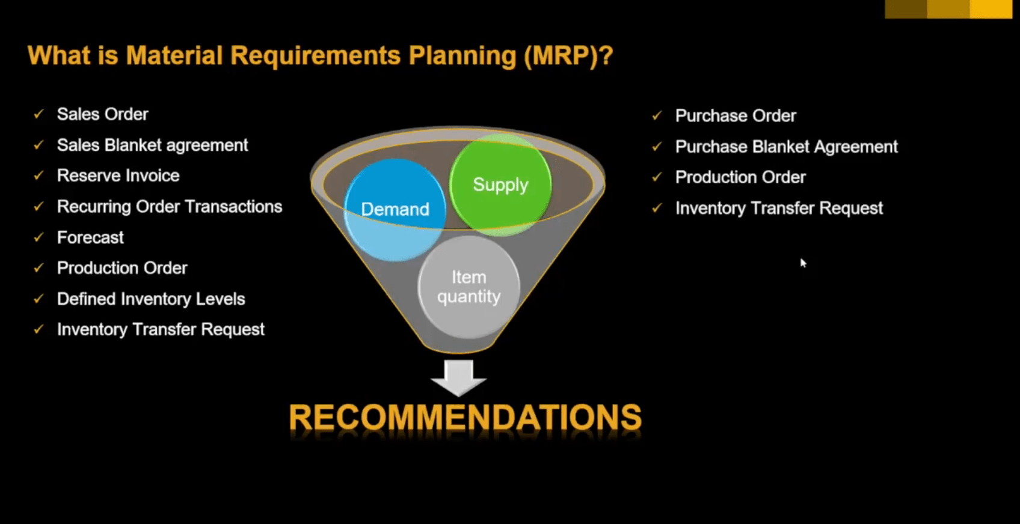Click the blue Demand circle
tap(395, 209)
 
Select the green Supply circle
tap(500, 184)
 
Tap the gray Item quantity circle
tap(469, 287)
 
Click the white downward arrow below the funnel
tap(459, 377)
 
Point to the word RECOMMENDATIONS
tap(465, 418)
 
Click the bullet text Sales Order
tap(102, 114)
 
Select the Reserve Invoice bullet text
tap(118, 175)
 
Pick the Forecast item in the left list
tap(90, 237)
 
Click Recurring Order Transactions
tap(169, 207)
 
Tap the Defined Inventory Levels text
tap(151, 299)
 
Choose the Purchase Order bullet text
tap(735, 116)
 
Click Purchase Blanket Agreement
tap(786, 147)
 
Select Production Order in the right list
tap(740, 177)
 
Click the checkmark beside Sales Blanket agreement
tap(38, 145)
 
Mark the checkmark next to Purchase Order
tap(657, 115)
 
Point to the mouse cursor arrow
tap(803, 263)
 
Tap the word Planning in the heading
tap(462, 56)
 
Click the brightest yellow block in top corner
tap(991, 9)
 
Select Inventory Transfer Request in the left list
tap(161, 329)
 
